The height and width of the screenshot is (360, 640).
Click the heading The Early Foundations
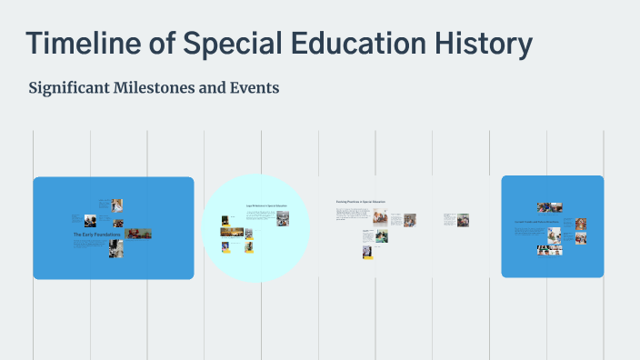coord(96,235)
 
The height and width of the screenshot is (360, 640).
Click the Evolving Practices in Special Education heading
coord(361,202)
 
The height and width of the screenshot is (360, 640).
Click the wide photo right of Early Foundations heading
coord(138,234)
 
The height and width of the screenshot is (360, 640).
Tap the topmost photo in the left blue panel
coord(117,205)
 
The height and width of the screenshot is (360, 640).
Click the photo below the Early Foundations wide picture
coord(116,248)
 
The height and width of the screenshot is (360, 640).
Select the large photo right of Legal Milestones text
coord(282,220)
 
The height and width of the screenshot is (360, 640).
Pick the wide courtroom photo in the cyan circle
coord(232,232)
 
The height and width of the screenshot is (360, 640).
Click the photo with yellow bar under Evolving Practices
coord(366,252)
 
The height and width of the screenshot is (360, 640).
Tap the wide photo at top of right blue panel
coord(550,207)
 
